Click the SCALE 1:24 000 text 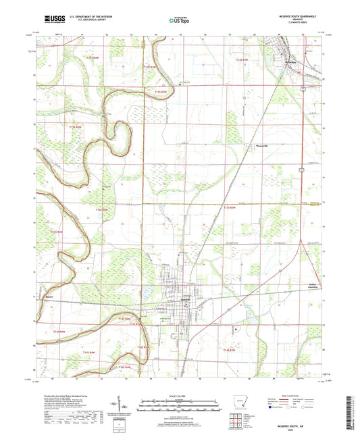[180, 395]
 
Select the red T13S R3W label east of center [230, 209]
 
